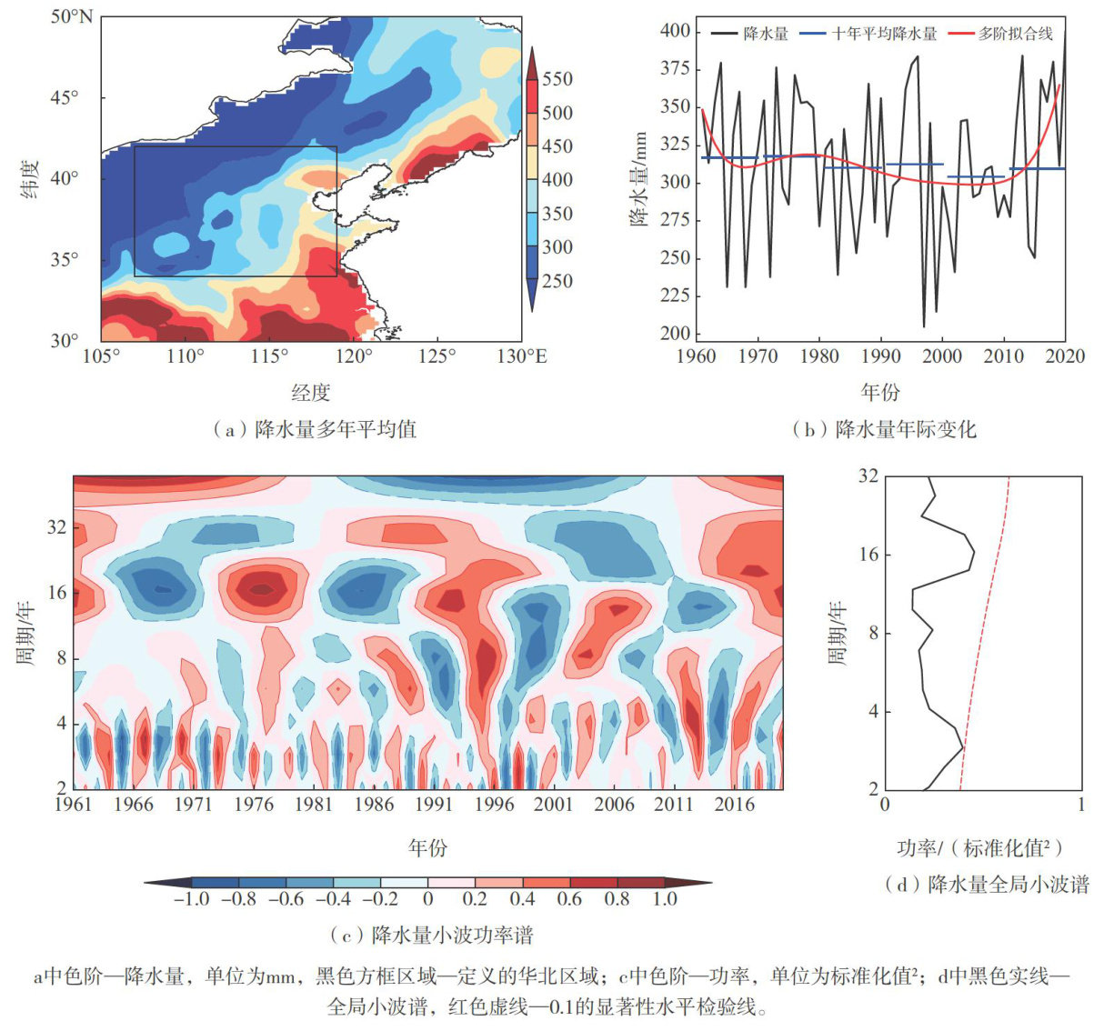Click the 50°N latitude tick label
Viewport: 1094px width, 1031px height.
pyautogui.click(x=72, y=17)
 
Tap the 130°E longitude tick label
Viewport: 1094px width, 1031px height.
pyautogui.click(x=521, y=355)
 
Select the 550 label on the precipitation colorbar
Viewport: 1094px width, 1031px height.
pyautogui.click(x=557, y=79)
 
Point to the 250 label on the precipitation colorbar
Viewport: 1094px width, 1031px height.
pyautogui.click(x=557, y=281)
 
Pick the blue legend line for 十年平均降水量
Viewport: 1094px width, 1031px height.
pyautogui.click(x=813, y=34)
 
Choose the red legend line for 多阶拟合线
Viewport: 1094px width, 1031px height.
pyautogui.click(x=961, y=34)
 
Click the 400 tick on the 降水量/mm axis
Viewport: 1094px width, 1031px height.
pyautogui.click(x=675, y=32)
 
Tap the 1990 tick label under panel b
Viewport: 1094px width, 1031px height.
pyautogui.click(x=880, y=355)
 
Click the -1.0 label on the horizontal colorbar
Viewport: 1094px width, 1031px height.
pyautogui.click(x=190, y=899)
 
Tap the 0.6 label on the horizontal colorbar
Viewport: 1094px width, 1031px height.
pyautogui.click(x=570, y=899)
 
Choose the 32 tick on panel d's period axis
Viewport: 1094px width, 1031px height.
pyautogui.click(x=868, y=475)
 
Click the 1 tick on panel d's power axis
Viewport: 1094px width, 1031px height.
pyautogui.click(x=1080, y=805)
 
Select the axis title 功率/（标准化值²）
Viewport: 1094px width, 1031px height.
pyautogui.click(x=980, y=848)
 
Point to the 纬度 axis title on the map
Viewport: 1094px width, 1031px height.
pyautogui.click(x=29, y=179)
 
